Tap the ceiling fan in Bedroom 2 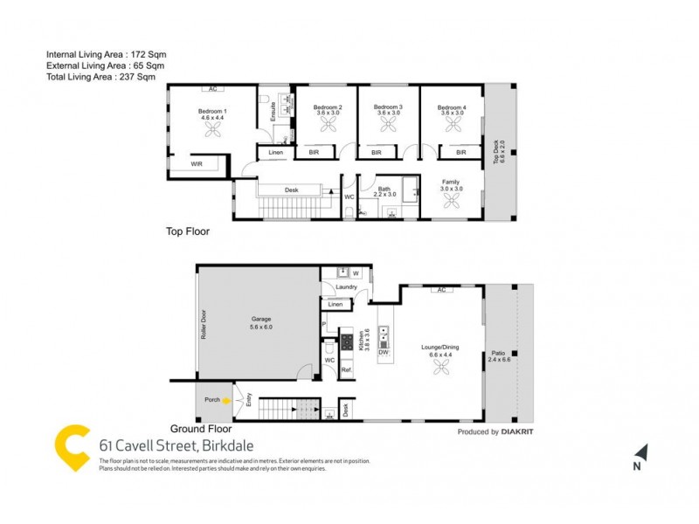[x=328, y=126]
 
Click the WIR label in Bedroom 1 [x=197, y=164]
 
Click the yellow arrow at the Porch [x=226, y=401]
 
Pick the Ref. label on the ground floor [x=346, y=370]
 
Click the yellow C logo [x=73, y=448]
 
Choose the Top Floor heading [x=188, y=232]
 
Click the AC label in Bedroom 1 [x=212, y=88]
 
